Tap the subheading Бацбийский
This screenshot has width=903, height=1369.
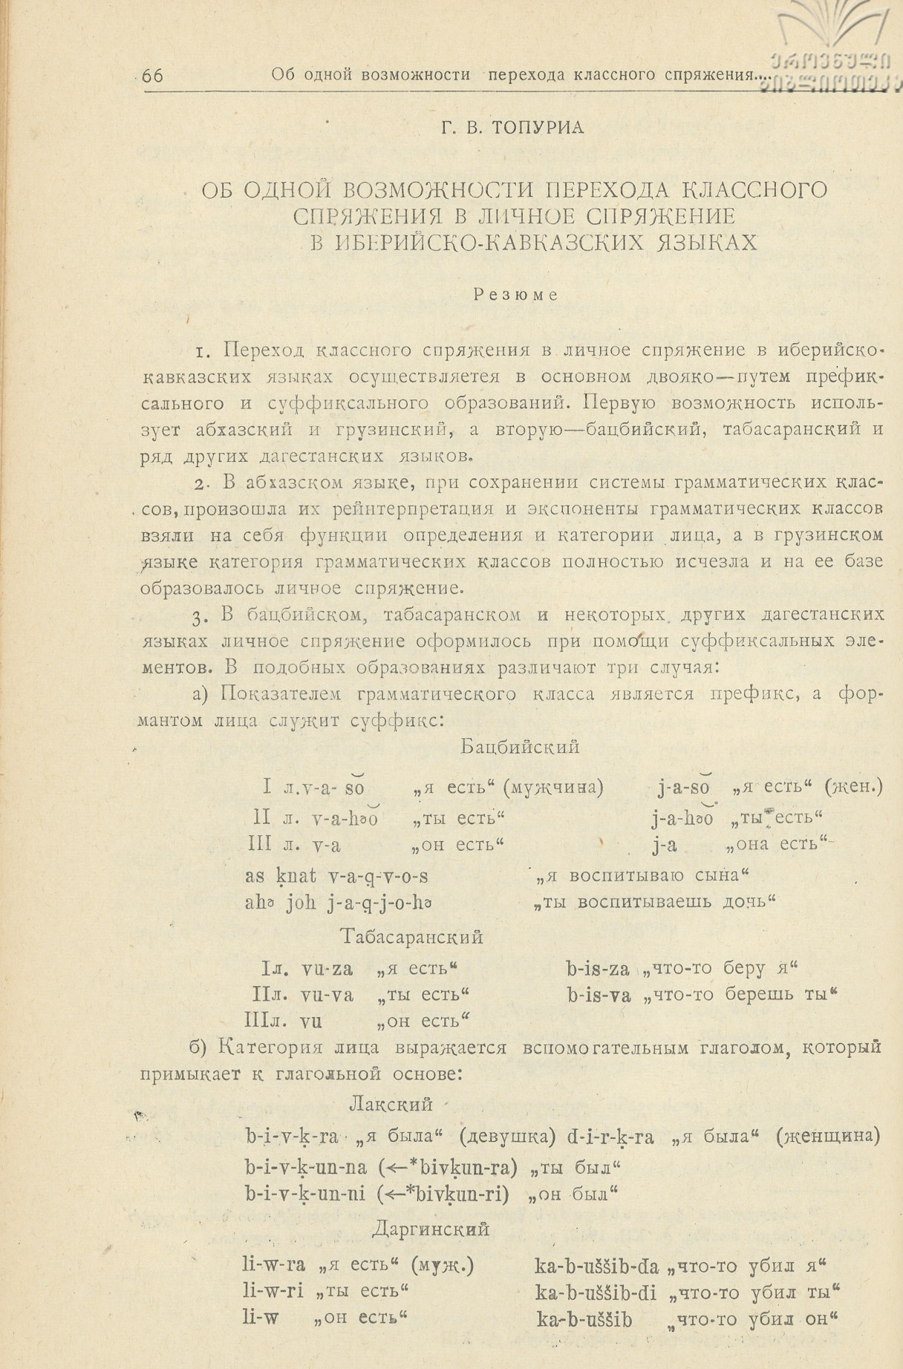(x=519, y=747)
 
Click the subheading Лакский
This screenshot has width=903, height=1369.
(x=390, y=1103)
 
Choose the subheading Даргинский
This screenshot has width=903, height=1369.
(x=430, y=1229)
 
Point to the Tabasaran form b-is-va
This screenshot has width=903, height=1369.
(x=598, y=994)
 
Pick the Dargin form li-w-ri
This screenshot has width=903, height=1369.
(x=273, y=1290)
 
